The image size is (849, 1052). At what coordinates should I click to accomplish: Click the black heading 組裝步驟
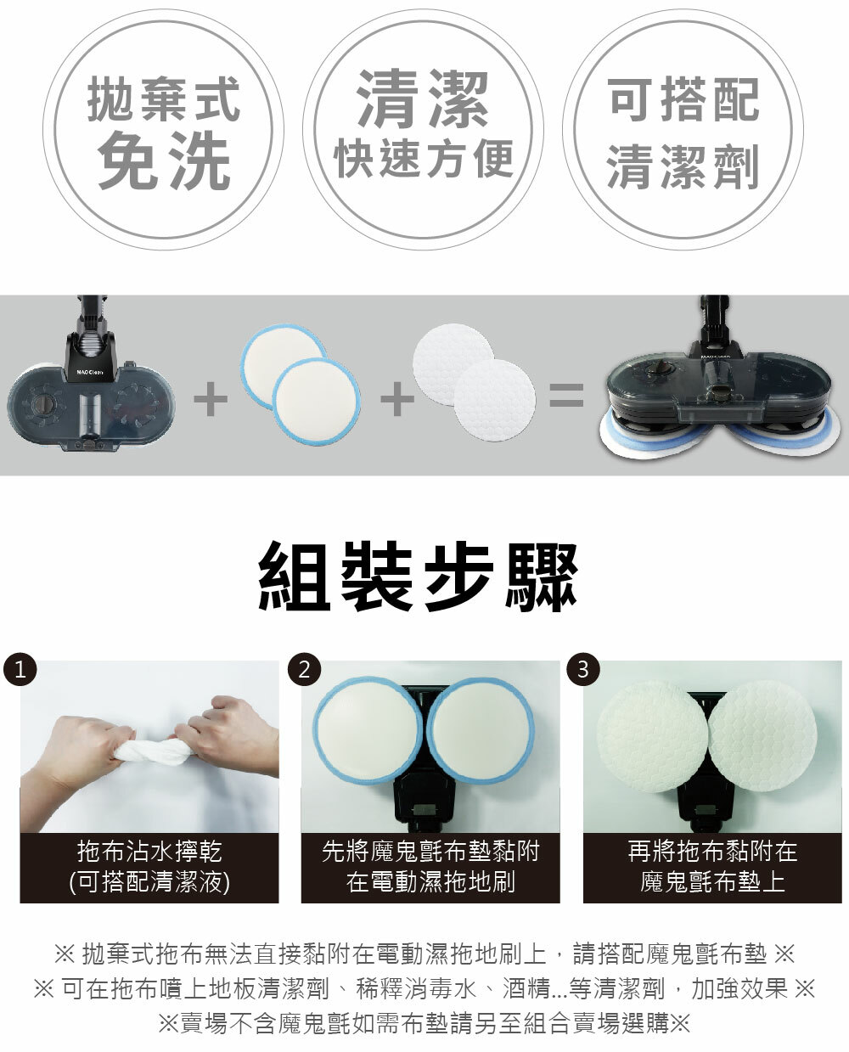pos(418,577)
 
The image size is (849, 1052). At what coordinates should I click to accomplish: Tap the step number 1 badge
pos(20,669)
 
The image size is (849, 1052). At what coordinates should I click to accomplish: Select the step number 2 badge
pos(304,669)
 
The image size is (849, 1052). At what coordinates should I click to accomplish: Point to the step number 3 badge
pos(583,669)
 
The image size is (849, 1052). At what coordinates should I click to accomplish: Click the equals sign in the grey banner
pos(566,396)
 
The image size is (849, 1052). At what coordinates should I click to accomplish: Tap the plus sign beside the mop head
pos(211,398)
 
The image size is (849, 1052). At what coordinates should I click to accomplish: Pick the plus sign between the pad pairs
pos(397,398)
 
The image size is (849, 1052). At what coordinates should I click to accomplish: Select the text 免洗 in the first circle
pos(165,160)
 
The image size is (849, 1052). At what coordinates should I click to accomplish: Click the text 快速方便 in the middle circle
pos(424,159)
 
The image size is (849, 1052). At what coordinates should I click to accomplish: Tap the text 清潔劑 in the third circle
pos(683,167)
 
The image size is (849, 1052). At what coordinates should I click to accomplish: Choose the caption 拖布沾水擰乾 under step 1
pos(149,851)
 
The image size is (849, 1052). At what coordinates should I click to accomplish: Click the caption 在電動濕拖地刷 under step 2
pos(430,881)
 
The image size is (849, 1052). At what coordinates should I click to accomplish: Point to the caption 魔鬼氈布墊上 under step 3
pos(712,881)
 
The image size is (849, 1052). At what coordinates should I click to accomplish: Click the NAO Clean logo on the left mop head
pos(89,372)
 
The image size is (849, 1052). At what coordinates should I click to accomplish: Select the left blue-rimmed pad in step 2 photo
pos(368,730)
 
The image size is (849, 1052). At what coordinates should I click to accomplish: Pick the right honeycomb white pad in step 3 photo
pos(763,737)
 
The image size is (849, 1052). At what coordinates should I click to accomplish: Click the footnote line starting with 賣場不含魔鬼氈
pos(424,1022)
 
